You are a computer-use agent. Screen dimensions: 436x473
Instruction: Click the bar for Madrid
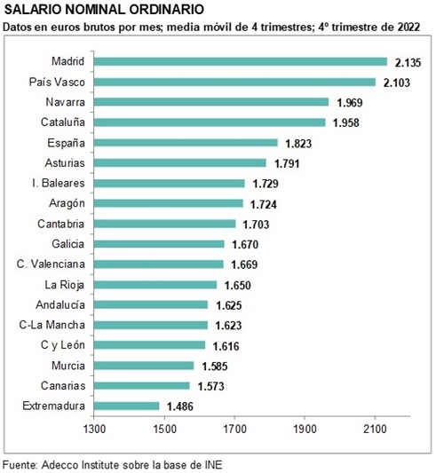[x=241, y=61]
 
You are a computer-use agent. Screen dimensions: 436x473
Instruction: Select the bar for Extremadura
[x=126, y=406]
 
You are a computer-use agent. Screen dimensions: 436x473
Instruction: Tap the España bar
[x=186, y=143]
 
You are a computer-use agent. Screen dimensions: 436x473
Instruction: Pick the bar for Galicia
[x=159, y=244]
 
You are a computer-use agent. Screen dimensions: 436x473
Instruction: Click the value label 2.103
[x=397, y=83]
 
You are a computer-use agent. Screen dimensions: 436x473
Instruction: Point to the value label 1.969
[x=350, y=103]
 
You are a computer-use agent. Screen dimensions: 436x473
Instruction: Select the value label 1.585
[x=215, y=367]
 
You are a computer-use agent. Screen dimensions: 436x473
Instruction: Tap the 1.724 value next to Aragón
[x=264, y=204]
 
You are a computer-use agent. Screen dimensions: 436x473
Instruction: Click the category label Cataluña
[x=63, y=122]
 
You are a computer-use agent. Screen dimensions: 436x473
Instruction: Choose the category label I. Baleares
[x=59, y=183]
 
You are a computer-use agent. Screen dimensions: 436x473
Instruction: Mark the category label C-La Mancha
[x=52, y=325]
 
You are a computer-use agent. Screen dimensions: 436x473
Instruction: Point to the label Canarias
[x=63, y=386]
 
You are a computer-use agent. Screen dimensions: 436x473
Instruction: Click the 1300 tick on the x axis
[x=94, y=429]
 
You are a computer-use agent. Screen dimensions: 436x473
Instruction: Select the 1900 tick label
[x=305, y=429]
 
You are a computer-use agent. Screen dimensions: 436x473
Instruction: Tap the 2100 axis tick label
[x=375, y=429]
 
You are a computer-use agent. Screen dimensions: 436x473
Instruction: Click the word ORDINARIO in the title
[x=166, y=10]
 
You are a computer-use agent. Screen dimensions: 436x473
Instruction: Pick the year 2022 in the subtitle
[x=408, y=28]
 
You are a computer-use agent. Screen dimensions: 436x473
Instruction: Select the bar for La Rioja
[x=155, y=285]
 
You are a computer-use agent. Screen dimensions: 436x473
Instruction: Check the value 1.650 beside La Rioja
[x=237, y=286]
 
